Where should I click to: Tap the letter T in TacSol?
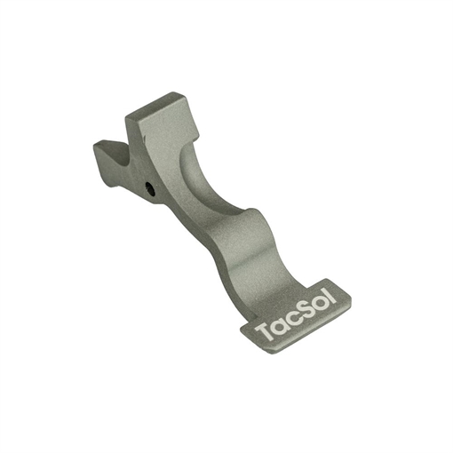[x=265, y=333]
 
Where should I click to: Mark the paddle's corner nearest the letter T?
[x=242, y=329]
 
